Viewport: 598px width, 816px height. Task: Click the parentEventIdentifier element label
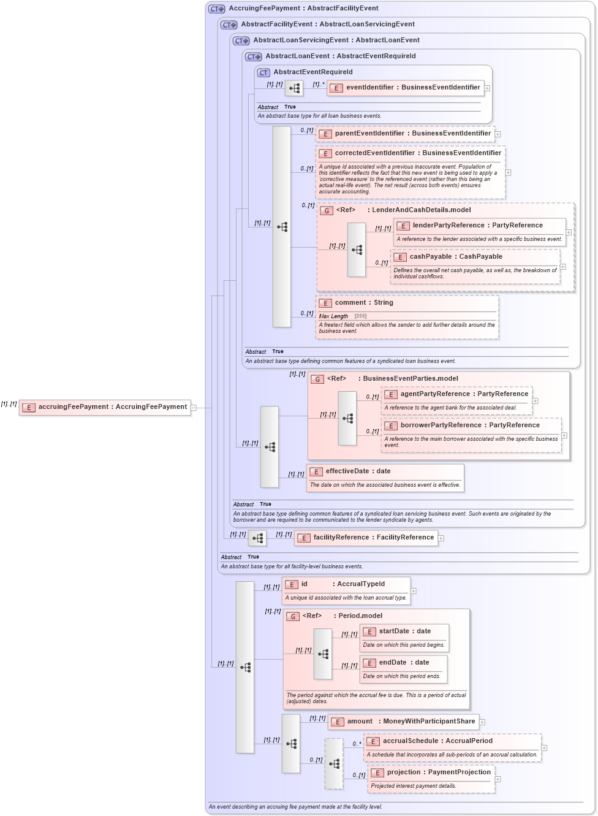point(412,134)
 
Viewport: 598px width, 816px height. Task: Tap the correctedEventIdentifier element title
point(417,153)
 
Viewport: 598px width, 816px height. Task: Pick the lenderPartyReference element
point(477,226)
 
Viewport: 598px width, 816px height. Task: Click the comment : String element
point(363,303)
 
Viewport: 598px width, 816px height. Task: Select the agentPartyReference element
point(463,394)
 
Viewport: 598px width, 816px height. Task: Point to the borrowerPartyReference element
point(469,425)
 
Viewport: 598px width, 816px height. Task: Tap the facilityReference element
point(373,538)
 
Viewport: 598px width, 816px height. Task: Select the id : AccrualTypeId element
point(343,584)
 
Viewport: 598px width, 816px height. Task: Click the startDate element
point(404,631)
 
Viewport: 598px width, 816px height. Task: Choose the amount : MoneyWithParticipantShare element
point(411,722)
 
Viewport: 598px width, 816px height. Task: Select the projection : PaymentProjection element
point(438,772)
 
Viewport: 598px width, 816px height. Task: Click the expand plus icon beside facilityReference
point(441,538)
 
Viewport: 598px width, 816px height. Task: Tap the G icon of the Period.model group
point(293,616)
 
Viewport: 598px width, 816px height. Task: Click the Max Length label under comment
point(333,316)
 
